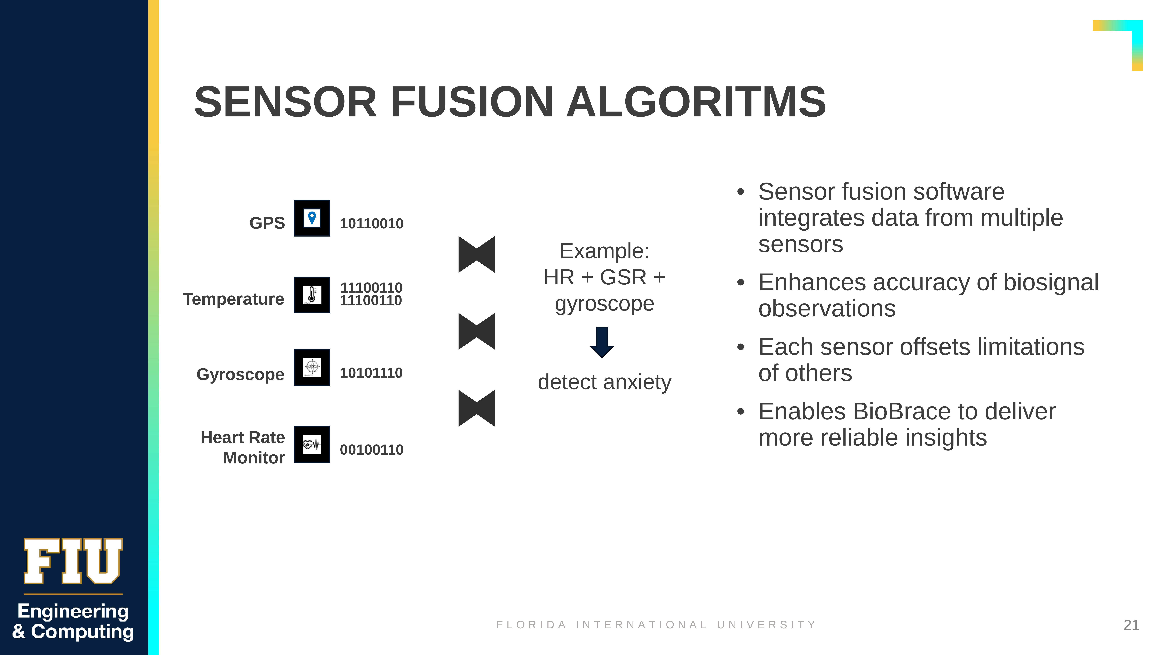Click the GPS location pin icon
(312, 218)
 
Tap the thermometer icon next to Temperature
(312, 295)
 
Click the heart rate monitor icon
(312, 444)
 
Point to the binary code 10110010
(371, 223)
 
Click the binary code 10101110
(371, 373)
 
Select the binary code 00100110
(371, 450)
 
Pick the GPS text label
(267, 223)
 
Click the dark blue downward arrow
(602, 342)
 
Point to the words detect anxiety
(605, 382)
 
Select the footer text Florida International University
(656, 625)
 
